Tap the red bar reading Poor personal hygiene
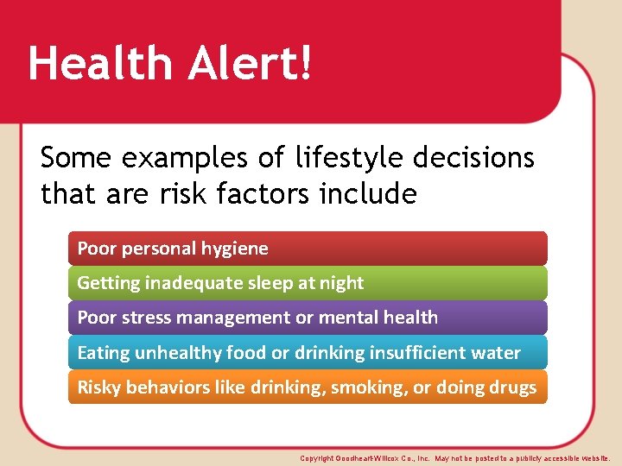click(x=308, y=249)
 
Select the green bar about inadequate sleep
click(x=308, y=283)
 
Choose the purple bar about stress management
click(x=308, y=318)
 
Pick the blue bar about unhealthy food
click(x=308, y=353)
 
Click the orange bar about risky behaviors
click(x=308, y=387)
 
